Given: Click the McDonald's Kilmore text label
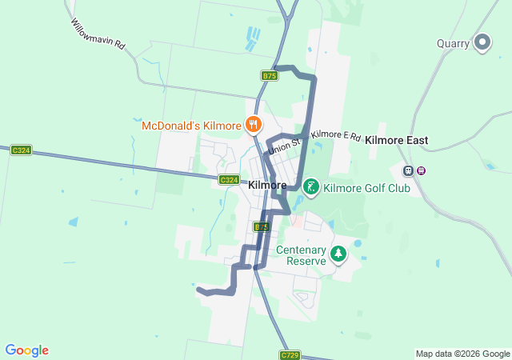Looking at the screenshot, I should tap(191, 126).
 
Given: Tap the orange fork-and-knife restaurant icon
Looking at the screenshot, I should tap(254, 124).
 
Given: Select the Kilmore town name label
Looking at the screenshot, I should tap(268, 185).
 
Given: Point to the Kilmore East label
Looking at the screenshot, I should tap(397, 140).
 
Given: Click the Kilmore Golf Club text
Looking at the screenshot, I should tap(366, 189).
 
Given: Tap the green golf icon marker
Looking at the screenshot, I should tap(310, 188).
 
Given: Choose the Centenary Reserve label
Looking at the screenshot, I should tap(302, 255).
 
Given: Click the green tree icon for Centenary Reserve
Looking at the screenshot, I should tap(339, 254).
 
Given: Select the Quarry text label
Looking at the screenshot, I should tap(453, 44).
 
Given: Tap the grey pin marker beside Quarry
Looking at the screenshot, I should tap(482, 42).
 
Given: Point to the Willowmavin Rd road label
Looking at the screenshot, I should tap(98, 35).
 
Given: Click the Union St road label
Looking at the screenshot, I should tap(284, 145).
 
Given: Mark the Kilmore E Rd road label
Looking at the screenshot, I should tap(336, 136).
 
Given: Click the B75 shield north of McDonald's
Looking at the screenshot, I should tap(269, 75).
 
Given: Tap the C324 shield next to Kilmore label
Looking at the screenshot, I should tap(229, 180).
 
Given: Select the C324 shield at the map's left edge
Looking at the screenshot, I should tap(22, 150).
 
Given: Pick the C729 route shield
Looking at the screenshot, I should tap(290, 354).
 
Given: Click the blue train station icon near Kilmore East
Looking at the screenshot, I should tap(408, 170).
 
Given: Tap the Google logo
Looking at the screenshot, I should tap(26, 350).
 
